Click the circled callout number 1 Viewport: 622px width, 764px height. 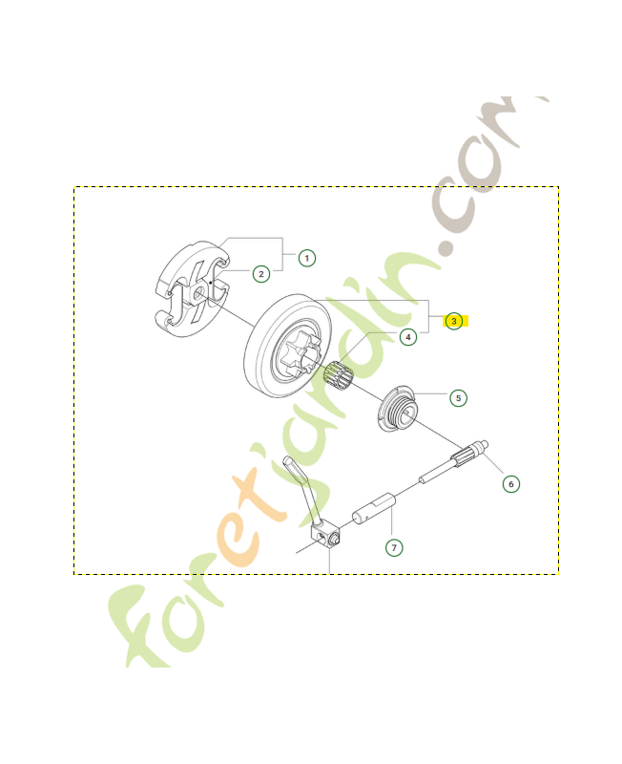[306, 258]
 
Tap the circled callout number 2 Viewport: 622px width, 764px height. [260, 274]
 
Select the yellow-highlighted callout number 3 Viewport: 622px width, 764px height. [454, 321]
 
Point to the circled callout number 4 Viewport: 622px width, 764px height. [407, 337]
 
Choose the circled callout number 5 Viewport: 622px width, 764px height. [458, 397]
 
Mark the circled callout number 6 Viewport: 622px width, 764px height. [511, 484]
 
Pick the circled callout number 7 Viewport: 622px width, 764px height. [394, 547]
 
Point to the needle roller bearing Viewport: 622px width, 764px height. [338, 379]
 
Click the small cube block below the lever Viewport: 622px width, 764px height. [327, 537]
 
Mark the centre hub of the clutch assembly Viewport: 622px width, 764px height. [197, 297]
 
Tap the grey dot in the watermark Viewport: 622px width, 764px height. [444, 246]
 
